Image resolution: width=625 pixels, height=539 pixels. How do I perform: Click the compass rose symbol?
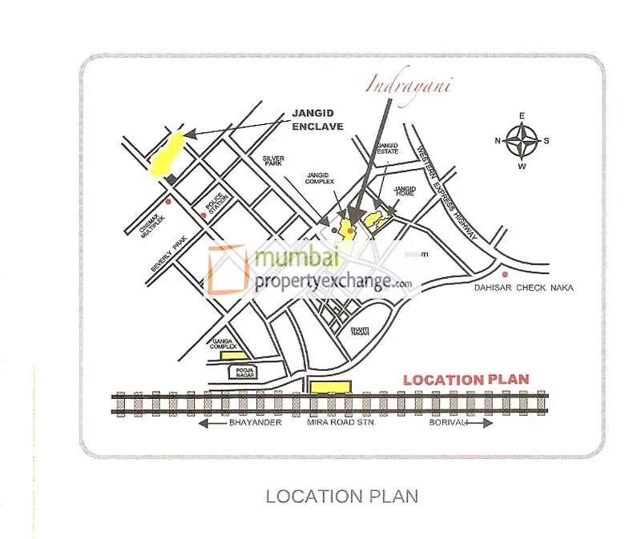522,142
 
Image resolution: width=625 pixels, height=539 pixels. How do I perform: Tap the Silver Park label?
274,163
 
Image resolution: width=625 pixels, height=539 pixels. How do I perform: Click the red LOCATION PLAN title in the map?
466,380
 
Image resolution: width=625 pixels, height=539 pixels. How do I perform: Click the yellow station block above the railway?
331,387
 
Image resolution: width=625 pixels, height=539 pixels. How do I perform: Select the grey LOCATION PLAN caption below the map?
341,497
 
